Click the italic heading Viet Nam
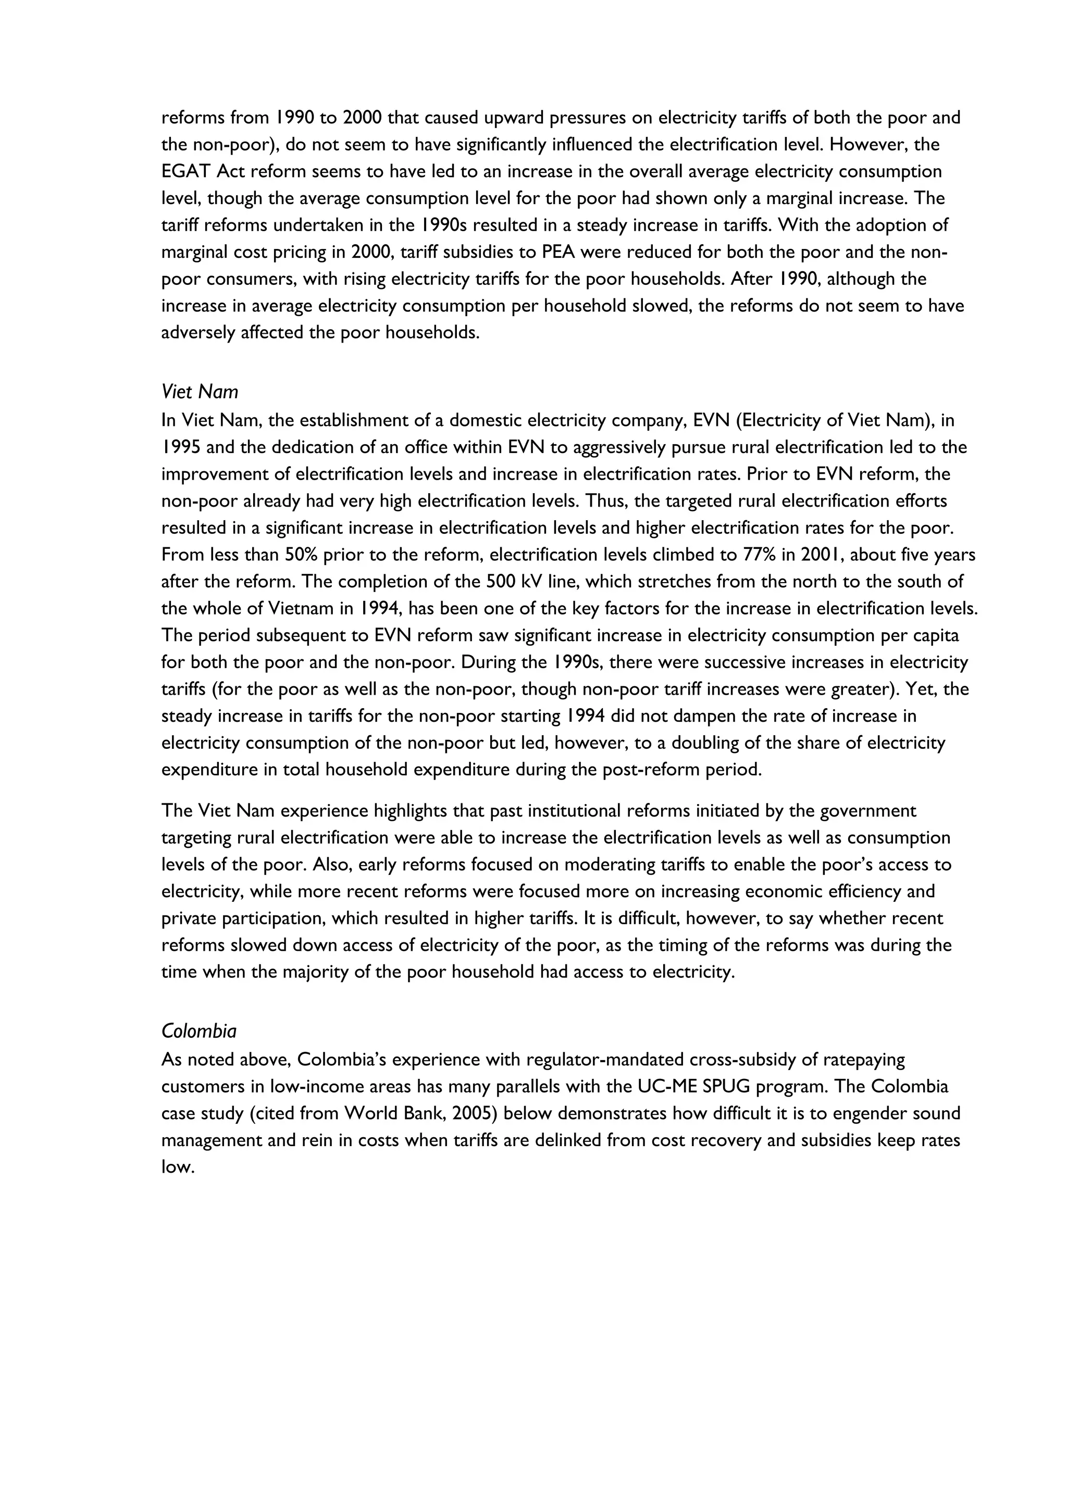(x=199, y=392)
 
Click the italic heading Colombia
(x=198, y=1031)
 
